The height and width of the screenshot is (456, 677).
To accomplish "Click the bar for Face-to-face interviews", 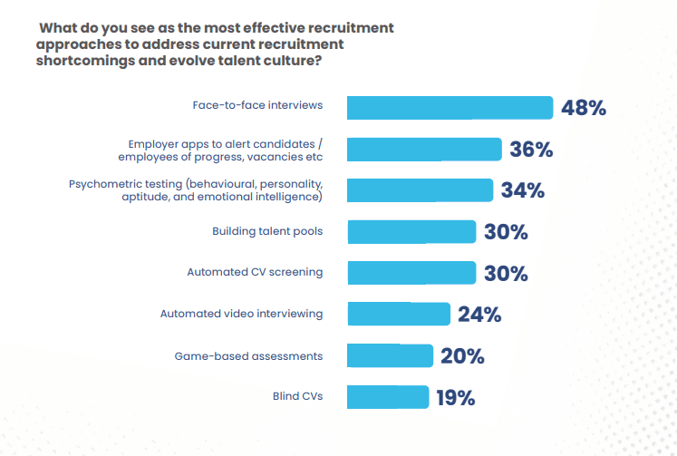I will coord(450,108).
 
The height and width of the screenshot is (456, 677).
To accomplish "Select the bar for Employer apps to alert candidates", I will coord(424,150).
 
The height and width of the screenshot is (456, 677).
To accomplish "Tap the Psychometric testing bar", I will coord(420,190).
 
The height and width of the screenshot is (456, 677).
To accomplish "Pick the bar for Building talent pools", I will coord(411,232).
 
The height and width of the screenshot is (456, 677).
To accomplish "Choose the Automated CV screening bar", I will coord(411,273).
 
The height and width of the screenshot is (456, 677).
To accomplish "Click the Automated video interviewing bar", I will coord(399,315).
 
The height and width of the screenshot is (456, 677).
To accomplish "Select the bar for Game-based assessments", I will coord(390,355).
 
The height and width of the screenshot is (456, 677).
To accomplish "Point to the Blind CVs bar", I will coord(388,397).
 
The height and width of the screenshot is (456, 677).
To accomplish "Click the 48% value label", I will coord(583,109).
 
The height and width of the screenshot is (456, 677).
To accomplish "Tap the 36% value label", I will coord(531,150).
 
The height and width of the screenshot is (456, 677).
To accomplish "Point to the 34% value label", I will coord(522,190).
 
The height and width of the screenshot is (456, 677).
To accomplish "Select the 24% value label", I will coord(479,315).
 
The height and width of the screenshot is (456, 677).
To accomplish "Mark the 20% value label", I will coord(462,356).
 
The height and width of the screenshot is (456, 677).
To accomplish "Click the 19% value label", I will coord(454,397).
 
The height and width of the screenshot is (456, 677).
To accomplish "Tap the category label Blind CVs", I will coord(297,397).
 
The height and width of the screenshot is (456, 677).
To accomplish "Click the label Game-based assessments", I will coord(248,356).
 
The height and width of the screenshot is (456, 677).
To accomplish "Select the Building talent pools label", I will coord(267,232).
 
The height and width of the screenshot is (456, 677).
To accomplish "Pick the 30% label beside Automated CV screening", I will coord(505,274).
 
